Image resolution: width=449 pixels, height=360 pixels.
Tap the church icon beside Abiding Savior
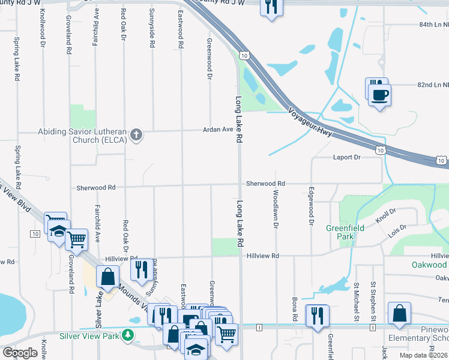tap(136, 134)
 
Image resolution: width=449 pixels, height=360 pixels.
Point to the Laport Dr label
tap(346, 158)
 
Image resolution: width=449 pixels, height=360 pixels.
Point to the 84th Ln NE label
tap(433, 25)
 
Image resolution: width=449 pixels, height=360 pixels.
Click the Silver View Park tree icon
tap(127, 334)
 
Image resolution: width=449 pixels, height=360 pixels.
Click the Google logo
tap(20, 353)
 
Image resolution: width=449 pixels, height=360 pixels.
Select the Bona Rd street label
tap(295, 308)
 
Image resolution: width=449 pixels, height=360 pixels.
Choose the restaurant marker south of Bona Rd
tap(317, 315)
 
